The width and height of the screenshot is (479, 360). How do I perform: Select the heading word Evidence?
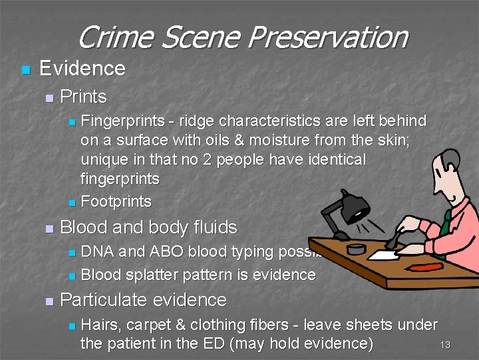(82, 68)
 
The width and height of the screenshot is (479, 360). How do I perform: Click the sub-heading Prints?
(83, 97)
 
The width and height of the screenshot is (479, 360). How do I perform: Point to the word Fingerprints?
(122, 121)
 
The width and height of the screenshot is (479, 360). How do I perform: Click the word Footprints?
(116, 201)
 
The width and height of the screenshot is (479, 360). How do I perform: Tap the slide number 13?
(445, 345)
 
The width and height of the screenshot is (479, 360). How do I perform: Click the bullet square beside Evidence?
(26, 69)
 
